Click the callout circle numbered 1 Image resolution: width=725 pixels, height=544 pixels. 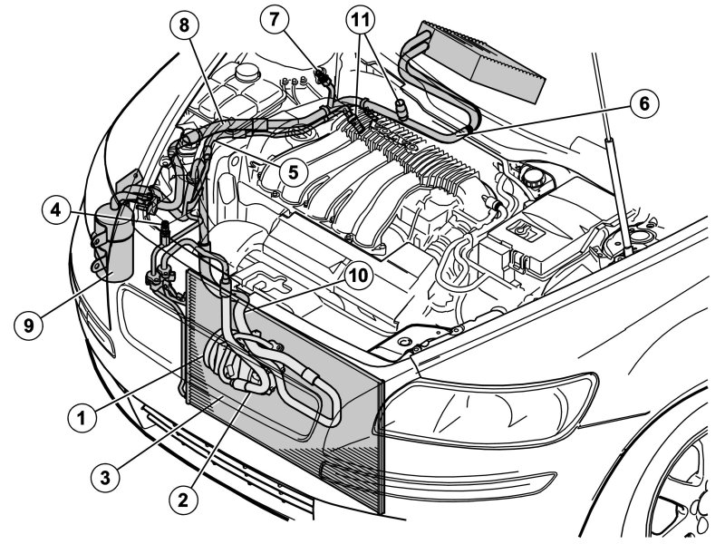pos(82,417)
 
